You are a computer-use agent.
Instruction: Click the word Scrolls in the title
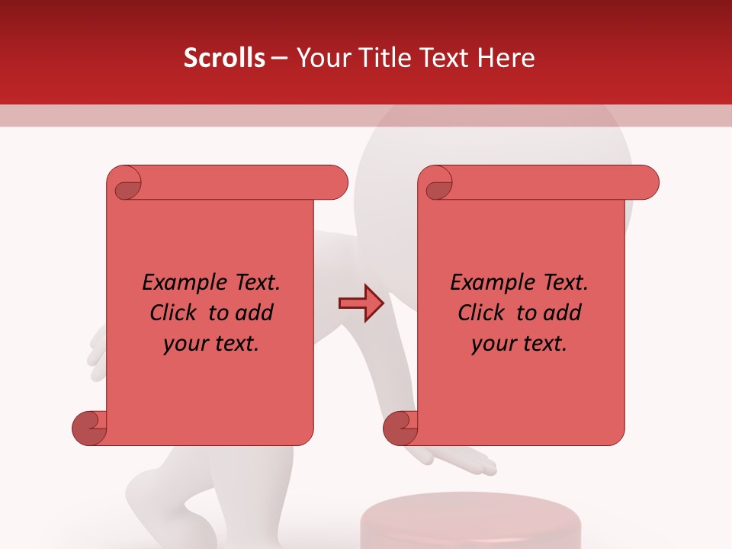tap(224, 58)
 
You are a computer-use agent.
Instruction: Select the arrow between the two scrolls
tap(361, 303)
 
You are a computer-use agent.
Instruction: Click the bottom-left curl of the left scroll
tap(88, 429)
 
